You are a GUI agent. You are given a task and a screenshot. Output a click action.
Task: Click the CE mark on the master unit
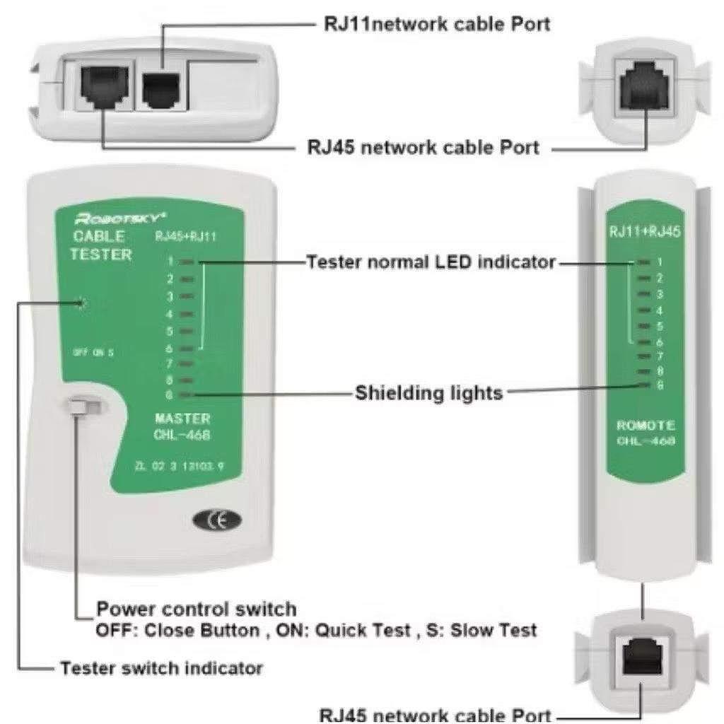216,520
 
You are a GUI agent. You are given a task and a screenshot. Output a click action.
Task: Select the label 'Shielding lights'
428,393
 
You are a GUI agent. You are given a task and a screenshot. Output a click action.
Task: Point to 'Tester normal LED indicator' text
431,262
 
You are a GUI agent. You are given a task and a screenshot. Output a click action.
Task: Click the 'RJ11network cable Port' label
436,23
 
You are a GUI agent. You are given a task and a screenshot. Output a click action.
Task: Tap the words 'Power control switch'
197,609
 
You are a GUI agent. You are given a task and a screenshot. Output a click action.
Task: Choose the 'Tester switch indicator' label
161,667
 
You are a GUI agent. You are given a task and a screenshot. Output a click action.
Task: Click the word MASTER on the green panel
182,419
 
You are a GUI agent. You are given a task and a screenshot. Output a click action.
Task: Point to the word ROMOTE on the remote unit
646,426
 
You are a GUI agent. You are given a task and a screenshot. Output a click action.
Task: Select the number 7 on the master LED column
170,364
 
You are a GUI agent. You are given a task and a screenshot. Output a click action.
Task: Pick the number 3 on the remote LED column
659,295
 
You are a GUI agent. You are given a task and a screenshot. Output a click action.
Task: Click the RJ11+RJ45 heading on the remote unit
646,231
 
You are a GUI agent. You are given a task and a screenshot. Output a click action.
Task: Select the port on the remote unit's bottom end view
642,658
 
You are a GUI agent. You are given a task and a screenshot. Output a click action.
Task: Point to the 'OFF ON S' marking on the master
93,352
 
